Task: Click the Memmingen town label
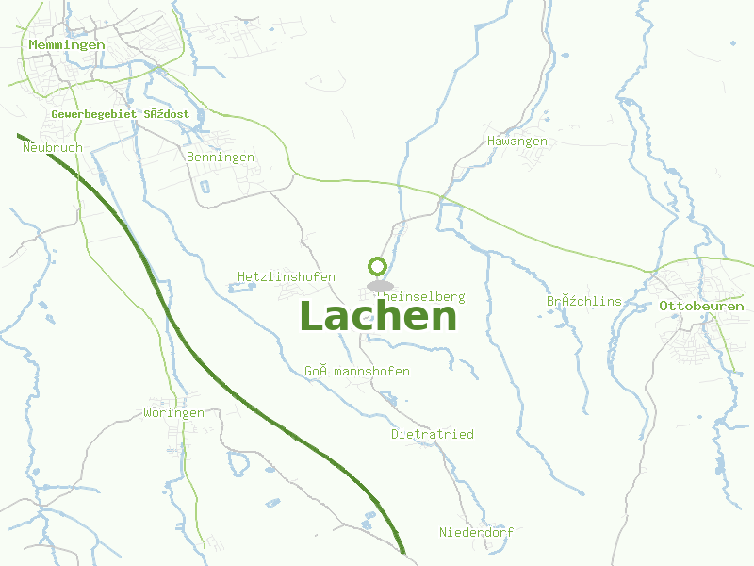point(66,44)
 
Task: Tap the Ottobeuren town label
point(701,306)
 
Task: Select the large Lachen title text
point(378,317)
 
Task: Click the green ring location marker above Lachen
point(378,266)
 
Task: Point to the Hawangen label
point(516,141)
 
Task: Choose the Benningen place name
point(221,157)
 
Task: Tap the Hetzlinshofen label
point(287,276)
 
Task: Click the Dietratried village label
point(432,434)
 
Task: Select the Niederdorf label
point(476,532)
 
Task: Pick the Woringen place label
point(173,412)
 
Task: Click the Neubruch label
point(53,147)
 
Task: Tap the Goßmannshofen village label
point(356,371)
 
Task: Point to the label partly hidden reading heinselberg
point(423,296)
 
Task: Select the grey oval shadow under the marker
point(379,286)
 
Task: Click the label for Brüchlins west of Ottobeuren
point(583,301)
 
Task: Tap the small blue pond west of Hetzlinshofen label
point(233,288)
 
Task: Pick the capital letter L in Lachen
point(313,317)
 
